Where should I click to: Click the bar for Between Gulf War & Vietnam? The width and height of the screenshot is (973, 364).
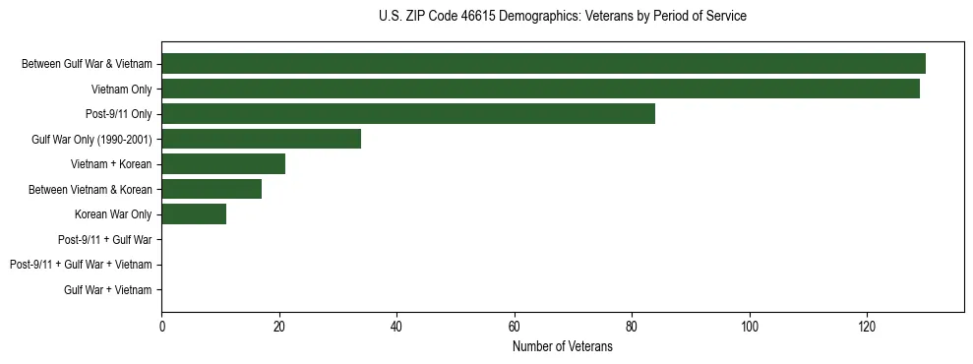pos(543,64)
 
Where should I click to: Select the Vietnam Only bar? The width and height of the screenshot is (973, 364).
pos(540,89)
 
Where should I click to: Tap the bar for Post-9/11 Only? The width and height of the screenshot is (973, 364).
pos(408,114)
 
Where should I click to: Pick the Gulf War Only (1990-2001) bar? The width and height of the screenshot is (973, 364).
pos(261,139)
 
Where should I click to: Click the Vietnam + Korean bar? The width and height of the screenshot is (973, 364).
pos(223,164)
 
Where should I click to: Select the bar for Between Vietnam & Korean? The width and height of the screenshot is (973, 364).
pos(212,189)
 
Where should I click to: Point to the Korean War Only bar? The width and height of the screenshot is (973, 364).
pos(194,214)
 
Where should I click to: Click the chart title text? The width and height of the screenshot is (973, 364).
pos(562,16)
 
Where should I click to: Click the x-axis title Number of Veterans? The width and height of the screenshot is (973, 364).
pos(562,347)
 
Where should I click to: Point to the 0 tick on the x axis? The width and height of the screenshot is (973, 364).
pos(161,326)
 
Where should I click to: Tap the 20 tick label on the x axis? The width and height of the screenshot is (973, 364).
pos(279,326)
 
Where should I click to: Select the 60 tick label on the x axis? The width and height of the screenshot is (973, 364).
pos(515,326)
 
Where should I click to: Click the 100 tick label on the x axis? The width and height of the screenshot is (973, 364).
pos(750,326)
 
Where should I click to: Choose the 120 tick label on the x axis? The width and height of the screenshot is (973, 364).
pos(867,326)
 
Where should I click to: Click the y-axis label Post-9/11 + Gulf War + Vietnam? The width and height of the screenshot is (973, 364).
pos(81,265)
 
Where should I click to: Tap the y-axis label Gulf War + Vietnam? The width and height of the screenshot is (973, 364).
pos(108,290)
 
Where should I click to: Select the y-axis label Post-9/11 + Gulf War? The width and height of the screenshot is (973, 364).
pos(105,240)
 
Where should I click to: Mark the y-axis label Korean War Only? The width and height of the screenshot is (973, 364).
pos(113,214)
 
